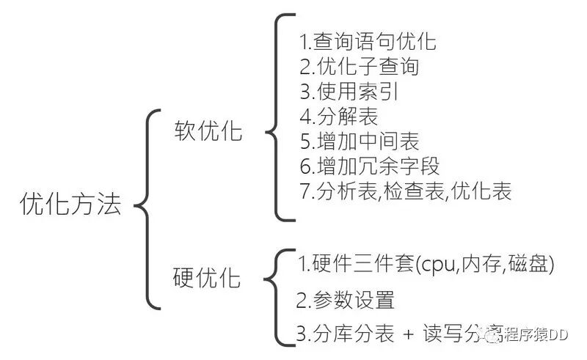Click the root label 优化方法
click(70, 205)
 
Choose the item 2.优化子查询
click(359, 66)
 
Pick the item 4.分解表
click(337, 117)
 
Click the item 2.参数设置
click(346, 300)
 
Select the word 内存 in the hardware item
click(482, 265)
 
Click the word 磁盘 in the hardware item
click(528, 265)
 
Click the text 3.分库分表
click(344, 334)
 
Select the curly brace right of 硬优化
click(275, 297)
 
